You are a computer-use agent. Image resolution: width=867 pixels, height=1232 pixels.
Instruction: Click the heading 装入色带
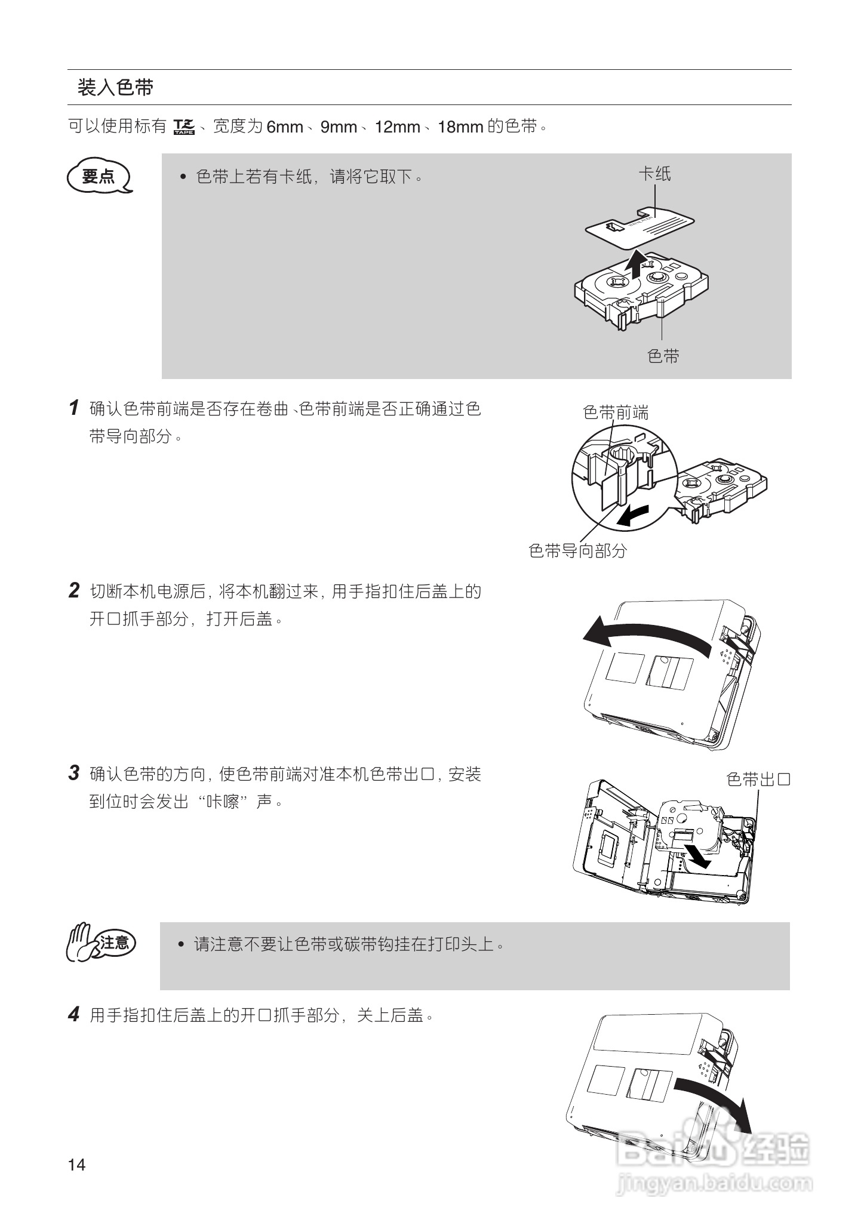point(115,88)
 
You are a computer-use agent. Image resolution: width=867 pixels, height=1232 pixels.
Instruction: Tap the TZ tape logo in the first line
point(184,127)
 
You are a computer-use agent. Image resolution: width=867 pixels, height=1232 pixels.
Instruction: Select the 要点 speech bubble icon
point(99,177)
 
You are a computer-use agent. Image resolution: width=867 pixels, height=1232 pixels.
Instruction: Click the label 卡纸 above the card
point(655,174)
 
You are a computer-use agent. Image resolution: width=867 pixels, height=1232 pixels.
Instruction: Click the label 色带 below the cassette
point(663,356)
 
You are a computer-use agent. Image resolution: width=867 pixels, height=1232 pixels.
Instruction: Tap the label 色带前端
point(616,412)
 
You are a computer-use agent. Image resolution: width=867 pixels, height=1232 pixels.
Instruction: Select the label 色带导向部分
point(577,550)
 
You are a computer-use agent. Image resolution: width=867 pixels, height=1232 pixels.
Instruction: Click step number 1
point(74,408)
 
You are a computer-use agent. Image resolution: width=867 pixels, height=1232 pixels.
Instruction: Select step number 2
point(74,591)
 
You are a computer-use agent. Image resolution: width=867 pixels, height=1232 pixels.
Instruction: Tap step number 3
point(74,774)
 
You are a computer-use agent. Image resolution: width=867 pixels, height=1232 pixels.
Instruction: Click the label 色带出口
point(758,779)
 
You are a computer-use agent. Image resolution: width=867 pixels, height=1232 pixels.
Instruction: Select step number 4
point(74,1014)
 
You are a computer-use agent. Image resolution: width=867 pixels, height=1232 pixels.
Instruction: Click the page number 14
point(77,1165)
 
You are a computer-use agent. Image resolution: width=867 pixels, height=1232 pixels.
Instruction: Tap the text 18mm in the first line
point(460,127)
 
